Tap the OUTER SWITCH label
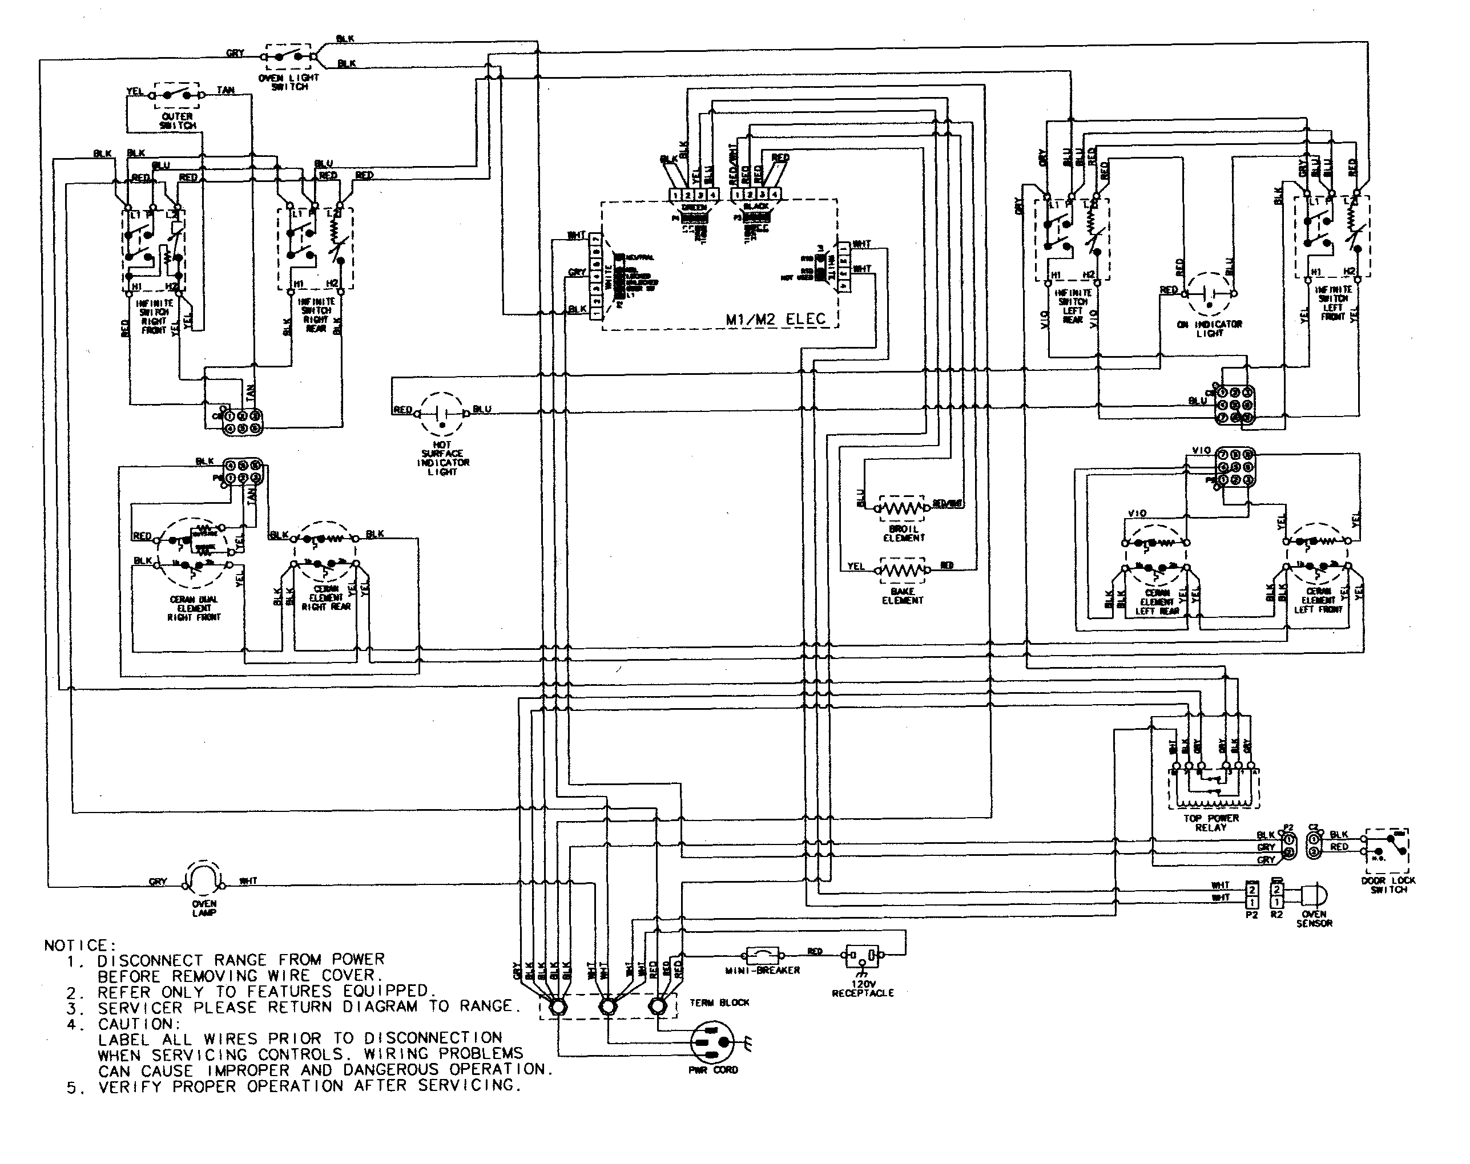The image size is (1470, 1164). (178, 120)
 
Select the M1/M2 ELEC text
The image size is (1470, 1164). (775, 318)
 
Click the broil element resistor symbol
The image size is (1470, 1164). (902, 508)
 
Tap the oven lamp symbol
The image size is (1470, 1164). (204, 879)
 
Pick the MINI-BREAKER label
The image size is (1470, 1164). (769, 970)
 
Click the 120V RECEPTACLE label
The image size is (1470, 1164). (863, 989)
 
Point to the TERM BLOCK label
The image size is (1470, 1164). (719, 1003)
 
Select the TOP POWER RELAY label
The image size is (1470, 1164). (1210, 823)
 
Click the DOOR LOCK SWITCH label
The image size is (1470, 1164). (1388, 884)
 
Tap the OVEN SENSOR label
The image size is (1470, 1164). (1313, 919)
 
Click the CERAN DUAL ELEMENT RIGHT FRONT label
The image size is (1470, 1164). (194, 608)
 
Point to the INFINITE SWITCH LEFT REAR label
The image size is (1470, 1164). (1073, 305)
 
